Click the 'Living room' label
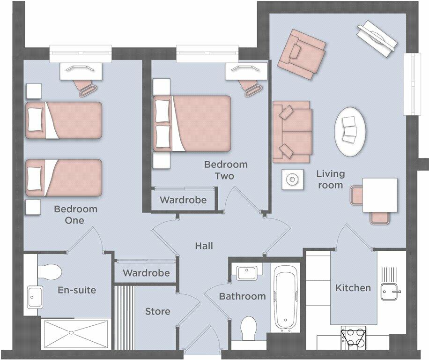[330, 180]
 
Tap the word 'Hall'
[204, 246]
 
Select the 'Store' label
[157, 311]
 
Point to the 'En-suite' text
[77, 290]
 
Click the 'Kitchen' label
[353, 288]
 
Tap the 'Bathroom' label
[243, 296]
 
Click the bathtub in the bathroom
[286, 297]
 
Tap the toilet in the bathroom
[249, 329]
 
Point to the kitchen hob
[354, 337]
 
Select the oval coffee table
[350, 131]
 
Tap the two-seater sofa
[292, 132]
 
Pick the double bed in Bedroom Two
[192, 123]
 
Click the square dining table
[380, 195]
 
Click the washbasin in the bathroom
[246, 272]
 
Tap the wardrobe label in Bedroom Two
[183, 200]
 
